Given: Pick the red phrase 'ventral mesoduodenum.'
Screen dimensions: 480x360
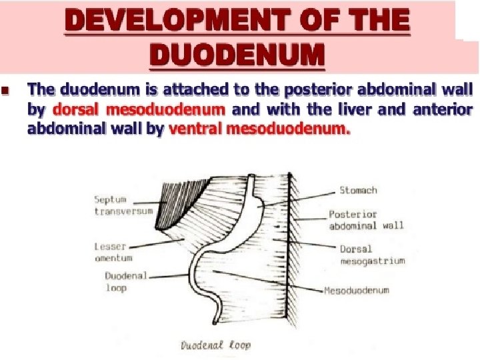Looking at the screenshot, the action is (259, 129).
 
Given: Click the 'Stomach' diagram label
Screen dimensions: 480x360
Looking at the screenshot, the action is (358, 190).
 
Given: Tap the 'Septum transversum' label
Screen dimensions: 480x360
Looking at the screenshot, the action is (123, 205).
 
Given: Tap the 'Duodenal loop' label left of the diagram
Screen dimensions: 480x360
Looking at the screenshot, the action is (126, 281).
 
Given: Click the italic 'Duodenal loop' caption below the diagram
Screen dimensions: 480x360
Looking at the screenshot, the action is (216, 345).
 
